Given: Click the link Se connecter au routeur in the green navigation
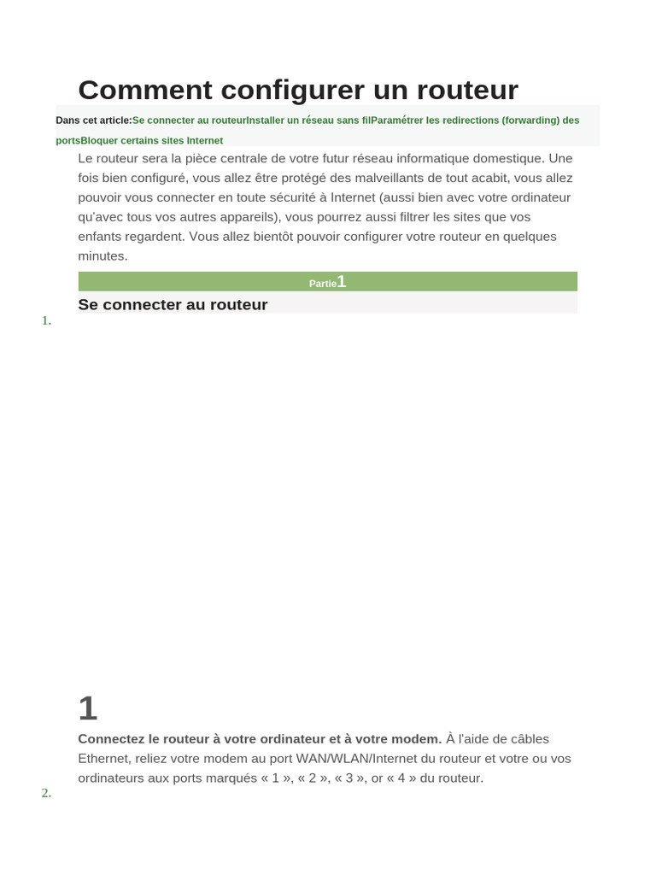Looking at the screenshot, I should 189,120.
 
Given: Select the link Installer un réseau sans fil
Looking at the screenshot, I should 308,120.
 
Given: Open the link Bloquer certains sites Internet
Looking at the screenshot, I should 152,141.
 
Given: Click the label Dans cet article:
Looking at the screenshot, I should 94,120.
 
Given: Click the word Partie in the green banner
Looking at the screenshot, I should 322,284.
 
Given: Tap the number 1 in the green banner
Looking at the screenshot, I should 342,282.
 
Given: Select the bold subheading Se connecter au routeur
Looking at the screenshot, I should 173,305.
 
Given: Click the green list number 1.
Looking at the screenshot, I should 46,320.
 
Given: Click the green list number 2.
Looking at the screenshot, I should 46,793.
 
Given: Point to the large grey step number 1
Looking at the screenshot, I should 88,708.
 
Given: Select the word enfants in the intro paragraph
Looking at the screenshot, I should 101,237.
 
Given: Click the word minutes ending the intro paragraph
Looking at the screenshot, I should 102,256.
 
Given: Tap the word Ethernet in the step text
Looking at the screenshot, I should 104,759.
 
